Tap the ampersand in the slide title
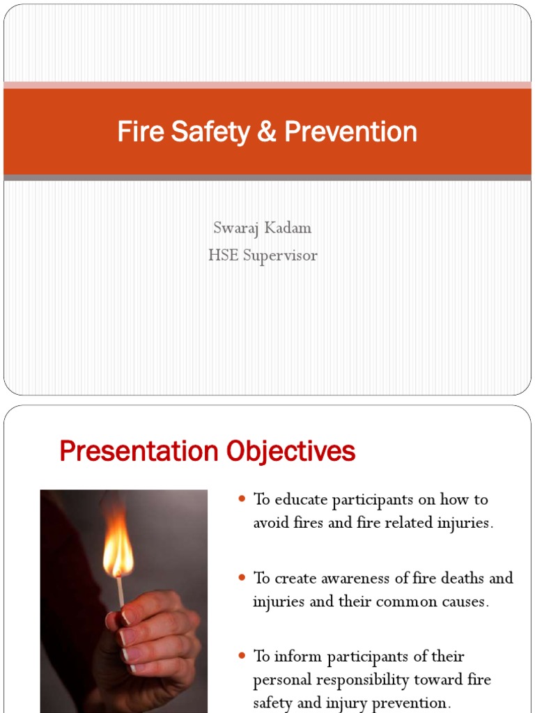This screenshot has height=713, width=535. click(x=267, y=132)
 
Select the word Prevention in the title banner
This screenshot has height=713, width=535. click(x=350, y=132)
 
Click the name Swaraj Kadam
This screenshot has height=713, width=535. click(x=263, y=228)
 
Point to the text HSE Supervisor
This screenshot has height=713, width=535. click(x=263, y=256)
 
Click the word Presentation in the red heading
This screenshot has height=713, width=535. click(x=138, y=452)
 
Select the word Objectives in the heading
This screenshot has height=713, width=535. click(x=290, y=452)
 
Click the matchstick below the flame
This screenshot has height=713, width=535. click(x=121, y=590)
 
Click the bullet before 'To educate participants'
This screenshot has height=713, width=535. click(x=242, y=499)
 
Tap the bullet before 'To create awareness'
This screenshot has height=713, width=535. click(x=242, y=578)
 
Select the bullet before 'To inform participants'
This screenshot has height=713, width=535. click(x=242, y=657)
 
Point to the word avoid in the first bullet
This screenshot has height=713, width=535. click(x=270, y=524)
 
